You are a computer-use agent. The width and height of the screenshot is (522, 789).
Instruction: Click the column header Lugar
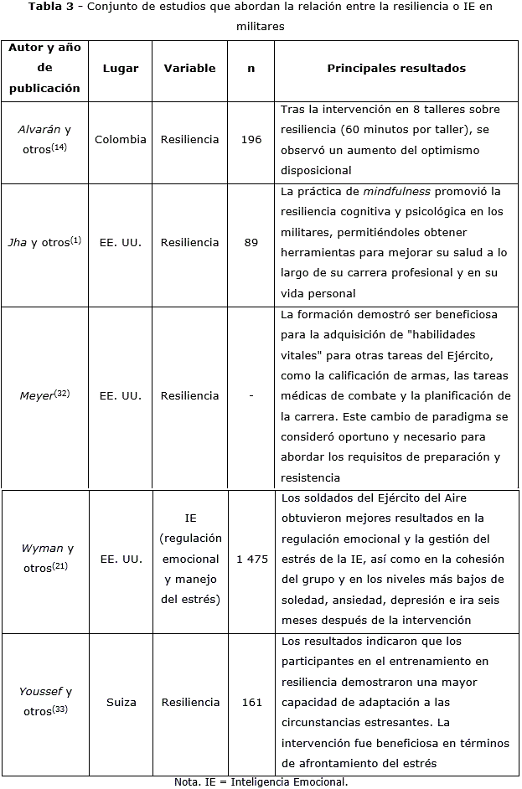(120, 69)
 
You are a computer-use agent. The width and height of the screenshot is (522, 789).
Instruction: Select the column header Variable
(189, 69)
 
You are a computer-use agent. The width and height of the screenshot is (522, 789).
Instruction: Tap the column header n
(251, 69)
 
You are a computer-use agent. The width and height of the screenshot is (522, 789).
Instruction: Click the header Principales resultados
(396, 69)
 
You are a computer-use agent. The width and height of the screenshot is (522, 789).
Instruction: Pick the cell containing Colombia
(120, 140)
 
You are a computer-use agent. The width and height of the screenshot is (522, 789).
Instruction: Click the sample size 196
(251, 140)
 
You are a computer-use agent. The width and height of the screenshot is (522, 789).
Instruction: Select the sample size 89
(251, 243)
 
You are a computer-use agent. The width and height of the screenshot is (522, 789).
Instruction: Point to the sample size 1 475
(251, 559)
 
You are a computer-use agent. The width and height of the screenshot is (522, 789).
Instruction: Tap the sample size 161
(251, 702)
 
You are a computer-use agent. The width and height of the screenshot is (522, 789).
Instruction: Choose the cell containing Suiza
(120, 702)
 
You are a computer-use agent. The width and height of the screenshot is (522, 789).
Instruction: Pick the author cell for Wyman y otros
(47, 559)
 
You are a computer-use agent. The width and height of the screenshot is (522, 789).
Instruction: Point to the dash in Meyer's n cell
(251, 394)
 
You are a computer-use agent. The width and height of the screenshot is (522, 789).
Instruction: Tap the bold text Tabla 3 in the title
(54, 8)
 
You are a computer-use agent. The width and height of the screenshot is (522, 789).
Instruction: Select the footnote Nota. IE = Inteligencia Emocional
(261, 781)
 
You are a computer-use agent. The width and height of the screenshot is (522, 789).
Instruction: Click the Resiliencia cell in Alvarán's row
(189, 140)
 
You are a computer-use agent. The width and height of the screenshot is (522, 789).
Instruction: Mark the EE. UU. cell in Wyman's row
(120, 559)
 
